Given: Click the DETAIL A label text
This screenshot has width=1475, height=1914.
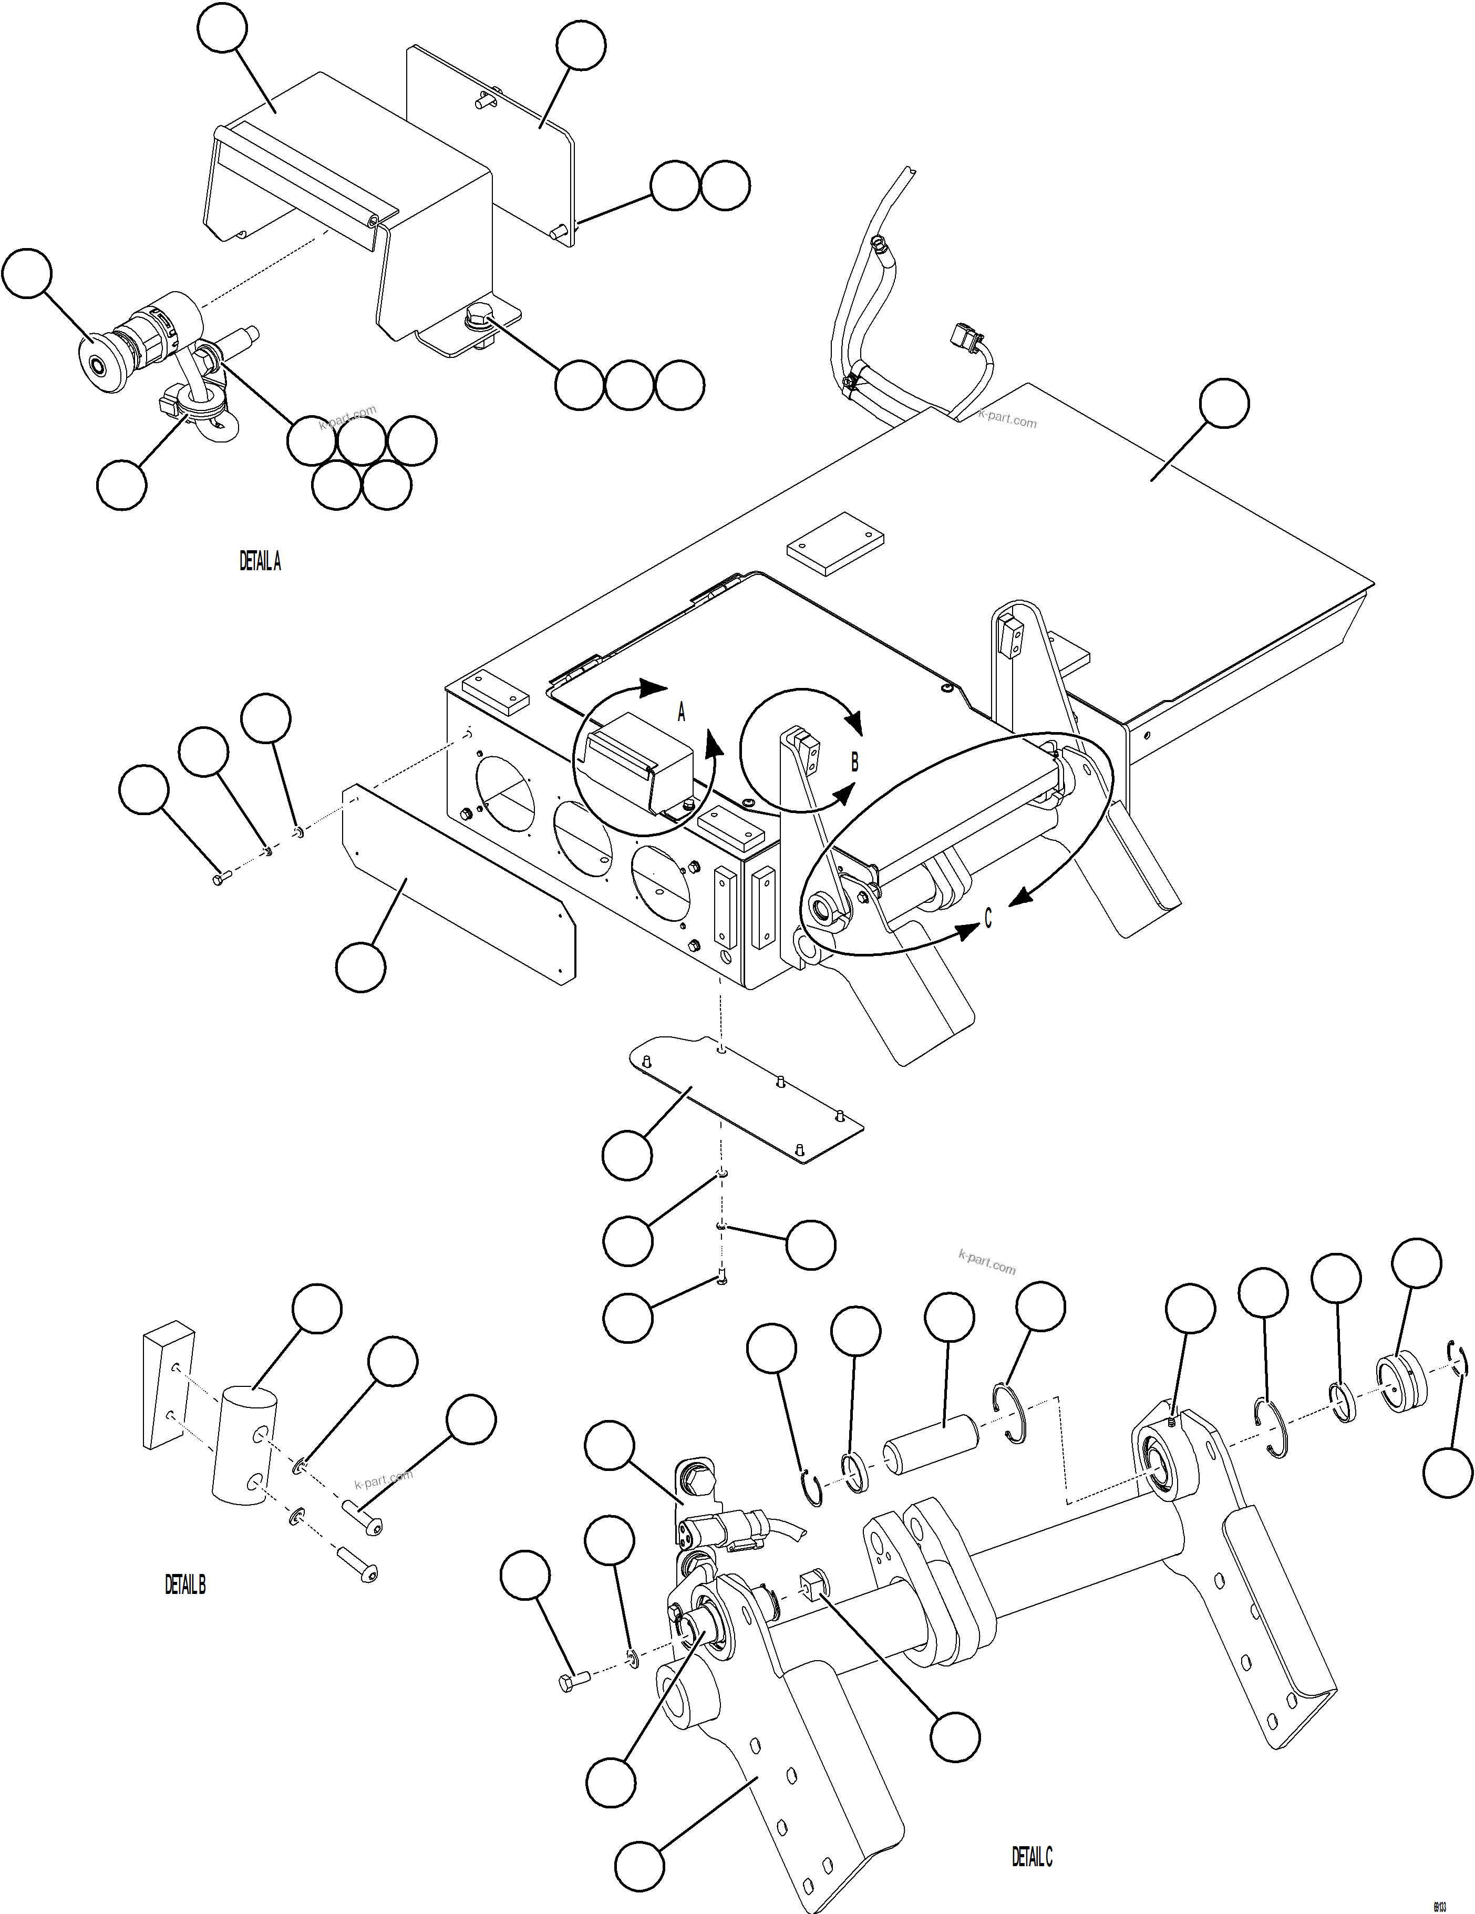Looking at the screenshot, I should pos(260,562).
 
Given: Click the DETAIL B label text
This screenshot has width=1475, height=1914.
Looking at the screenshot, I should pos(185,1584).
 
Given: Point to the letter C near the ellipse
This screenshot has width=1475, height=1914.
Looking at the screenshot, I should pos(988,918).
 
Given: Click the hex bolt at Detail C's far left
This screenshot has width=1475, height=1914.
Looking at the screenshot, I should pos(571,1681).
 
